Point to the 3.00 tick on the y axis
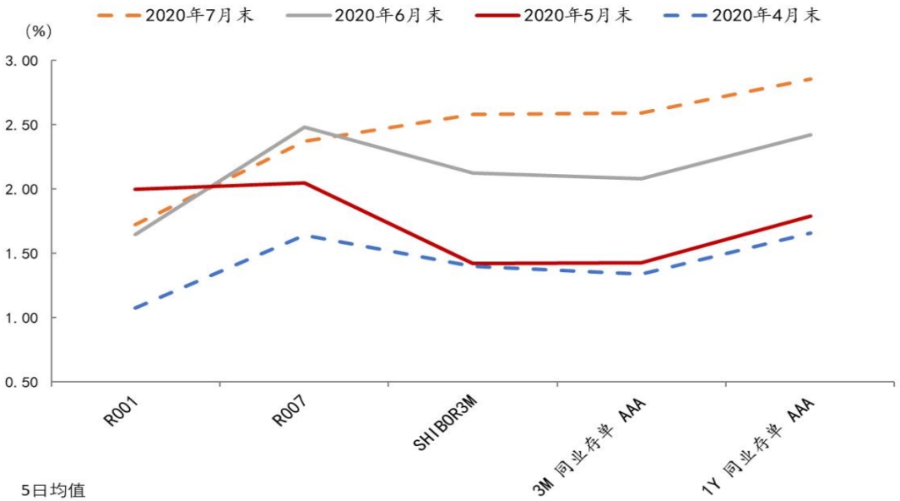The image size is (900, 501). point(22,61)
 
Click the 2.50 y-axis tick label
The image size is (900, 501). point(22,125)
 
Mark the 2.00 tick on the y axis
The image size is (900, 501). point(22,190)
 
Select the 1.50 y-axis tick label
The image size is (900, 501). point(22,254)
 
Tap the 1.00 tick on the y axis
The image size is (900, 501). point(22,318)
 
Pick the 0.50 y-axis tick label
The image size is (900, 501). point(22,383)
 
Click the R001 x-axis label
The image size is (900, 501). point(122,413)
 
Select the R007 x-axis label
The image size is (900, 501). point(292,413)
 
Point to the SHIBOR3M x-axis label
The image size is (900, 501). point(447,425)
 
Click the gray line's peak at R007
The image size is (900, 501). point(304,127)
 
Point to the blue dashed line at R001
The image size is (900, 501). point(135,308)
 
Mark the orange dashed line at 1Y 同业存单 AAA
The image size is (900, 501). point(810,79)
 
